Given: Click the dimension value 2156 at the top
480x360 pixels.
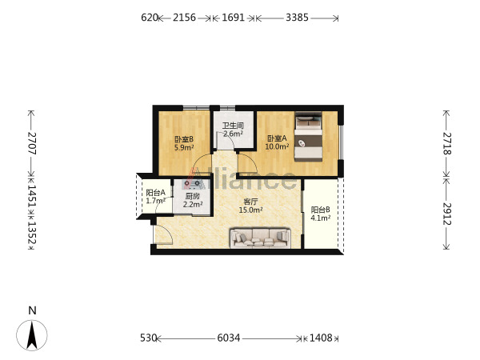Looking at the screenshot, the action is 184,18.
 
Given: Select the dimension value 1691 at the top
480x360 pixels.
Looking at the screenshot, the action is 234,18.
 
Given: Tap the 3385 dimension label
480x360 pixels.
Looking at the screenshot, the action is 297,18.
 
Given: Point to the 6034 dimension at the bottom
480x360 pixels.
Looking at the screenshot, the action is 229,338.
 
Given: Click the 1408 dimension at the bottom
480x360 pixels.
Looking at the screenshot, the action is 321,338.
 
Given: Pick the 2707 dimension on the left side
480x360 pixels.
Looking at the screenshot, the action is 32,143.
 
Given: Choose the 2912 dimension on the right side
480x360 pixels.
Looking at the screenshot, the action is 447,214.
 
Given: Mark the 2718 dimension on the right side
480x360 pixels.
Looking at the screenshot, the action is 447,143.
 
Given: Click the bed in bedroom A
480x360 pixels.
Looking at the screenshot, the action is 308,137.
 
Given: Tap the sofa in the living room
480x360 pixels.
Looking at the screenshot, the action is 260,238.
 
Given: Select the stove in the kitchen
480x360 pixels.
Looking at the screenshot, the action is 192,184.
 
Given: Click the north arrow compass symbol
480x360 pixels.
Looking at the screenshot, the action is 32,335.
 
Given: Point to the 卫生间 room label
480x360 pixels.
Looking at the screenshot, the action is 233,126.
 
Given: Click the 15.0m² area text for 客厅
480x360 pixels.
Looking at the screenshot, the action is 250,210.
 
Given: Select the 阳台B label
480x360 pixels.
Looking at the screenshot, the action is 320,210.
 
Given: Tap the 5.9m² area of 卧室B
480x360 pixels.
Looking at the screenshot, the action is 184,147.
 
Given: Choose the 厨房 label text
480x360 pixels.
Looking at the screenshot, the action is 192,196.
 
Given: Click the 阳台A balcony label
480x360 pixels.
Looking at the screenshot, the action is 155,193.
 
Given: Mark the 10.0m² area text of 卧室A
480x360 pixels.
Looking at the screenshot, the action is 277,146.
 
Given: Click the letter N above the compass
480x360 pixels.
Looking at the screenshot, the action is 32,310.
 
